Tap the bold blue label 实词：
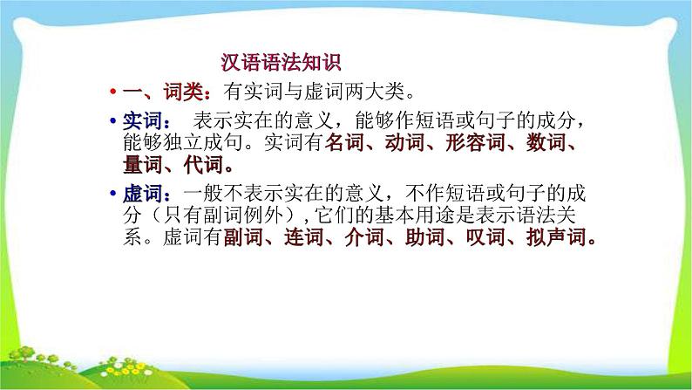147,120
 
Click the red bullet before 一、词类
113,91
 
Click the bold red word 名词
341,143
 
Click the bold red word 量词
142,166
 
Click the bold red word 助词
424,238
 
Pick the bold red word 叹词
485,238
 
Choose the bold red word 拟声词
557,238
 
